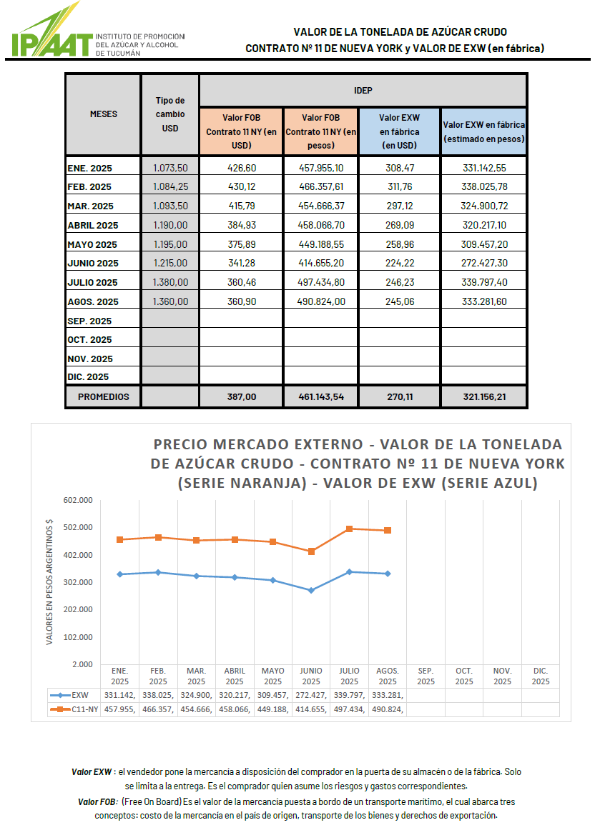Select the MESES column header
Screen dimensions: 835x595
[103, 114]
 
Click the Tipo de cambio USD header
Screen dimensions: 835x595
[170, 114]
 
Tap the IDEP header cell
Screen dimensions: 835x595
[363, 91]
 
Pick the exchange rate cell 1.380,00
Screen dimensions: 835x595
[170, 282]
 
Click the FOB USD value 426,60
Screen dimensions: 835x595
[242, 168]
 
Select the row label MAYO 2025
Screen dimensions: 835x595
[92, 244]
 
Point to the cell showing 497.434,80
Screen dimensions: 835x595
[320, 282]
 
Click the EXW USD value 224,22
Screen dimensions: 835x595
[399, 263]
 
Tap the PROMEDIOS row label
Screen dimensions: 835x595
[104, 396]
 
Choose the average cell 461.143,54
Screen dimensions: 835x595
[320, 396]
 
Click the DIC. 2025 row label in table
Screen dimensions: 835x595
[88, 377]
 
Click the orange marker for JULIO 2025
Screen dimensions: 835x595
[349, 529]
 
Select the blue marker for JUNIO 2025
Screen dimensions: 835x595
[311, 590]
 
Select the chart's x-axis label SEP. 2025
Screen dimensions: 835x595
[426, 676]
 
